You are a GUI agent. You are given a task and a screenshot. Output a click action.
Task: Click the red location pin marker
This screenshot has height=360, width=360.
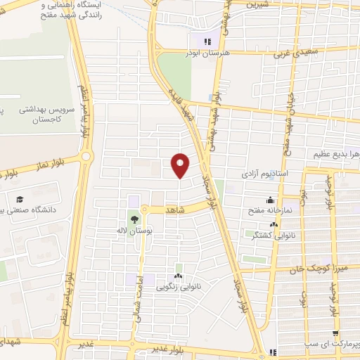pyautogui.click(x=181, y=165)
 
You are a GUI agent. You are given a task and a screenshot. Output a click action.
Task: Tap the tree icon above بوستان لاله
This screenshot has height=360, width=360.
pyautogui.click(x=134, y=220)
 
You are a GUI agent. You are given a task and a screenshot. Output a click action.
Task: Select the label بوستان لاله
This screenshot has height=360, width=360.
pyautogui.click(x=134, y=231)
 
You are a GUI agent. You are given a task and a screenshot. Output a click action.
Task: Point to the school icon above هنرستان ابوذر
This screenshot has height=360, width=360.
pyautogui.click(x=207, y=42)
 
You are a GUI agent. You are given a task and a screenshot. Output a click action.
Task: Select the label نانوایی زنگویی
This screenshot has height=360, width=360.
pyautogui.click(x=178, y=285)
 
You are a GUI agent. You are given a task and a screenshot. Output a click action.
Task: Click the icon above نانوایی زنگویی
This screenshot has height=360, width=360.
pyautogui.click(x=178, y=275)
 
